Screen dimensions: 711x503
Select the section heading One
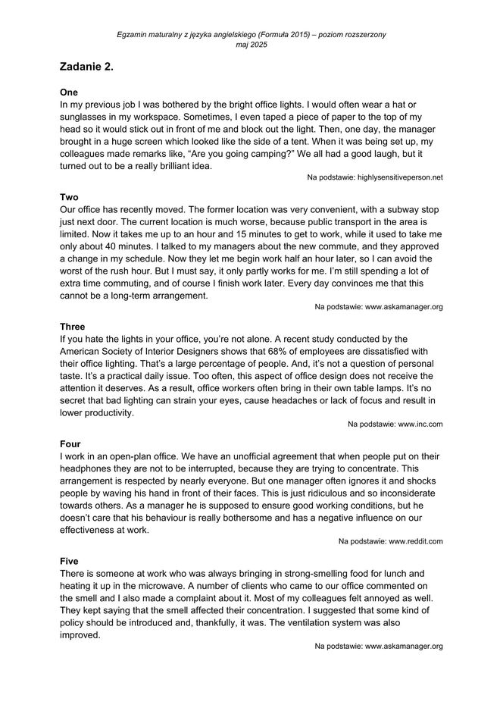coord(68,91)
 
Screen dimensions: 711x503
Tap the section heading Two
coord(69,196)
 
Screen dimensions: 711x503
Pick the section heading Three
coord(73,326)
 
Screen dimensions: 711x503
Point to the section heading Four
coord(70,443)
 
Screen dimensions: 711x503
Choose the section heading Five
coord(70,561)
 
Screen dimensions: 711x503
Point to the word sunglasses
coord(88,118)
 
